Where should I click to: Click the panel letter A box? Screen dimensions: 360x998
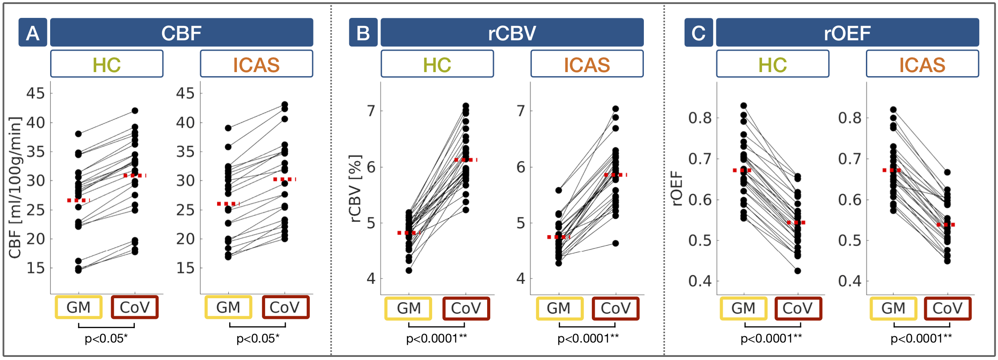pyautogui.click(x=32, y=33)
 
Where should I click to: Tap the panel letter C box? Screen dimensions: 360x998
pyautogui.click(x=698, y=33)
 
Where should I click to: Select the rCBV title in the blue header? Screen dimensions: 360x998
pyautogui.click(x=512, y=33)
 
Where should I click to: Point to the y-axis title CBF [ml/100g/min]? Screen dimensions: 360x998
pyautogui.click(x=15, y=188)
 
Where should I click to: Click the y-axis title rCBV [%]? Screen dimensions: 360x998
pyautogui.click(x=355, y=189)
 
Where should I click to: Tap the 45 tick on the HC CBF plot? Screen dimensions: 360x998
pyautogui.click(x=36, y=93)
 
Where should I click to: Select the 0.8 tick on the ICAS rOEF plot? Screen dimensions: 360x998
pyautogui.click(x=849, y=118)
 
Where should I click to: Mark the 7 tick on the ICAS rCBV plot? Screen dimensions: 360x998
pyautogui.click(x=521, y=111)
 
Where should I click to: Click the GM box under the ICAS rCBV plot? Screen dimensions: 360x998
pyautogui.click(x=559, y=308)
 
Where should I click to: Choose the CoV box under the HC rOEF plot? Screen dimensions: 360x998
pyautogui.click(x=797, y=308)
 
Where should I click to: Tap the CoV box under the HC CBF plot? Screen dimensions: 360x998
pyautogui.click(x=134, y=307)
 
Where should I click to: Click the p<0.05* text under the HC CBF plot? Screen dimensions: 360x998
pyautogui.click(x=106, y=339)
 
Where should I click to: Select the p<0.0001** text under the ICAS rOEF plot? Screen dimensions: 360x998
pyautogui.click(x=921, y=339)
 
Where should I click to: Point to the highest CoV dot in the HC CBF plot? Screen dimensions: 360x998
pyautogui.click(x=135, y=111)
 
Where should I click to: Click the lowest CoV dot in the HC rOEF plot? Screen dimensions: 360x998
pyautogui.click(x=797, y=271)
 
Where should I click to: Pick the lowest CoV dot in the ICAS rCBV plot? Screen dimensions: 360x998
pyautogui.click(x=616, y=244)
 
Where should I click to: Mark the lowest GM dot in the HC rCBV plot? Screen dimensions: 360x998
pyautogui.click(x=409, y=270)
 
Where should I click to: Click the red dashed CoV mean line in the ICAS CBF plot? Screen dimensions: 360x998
pyautogui.click(x=285, y=180)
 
